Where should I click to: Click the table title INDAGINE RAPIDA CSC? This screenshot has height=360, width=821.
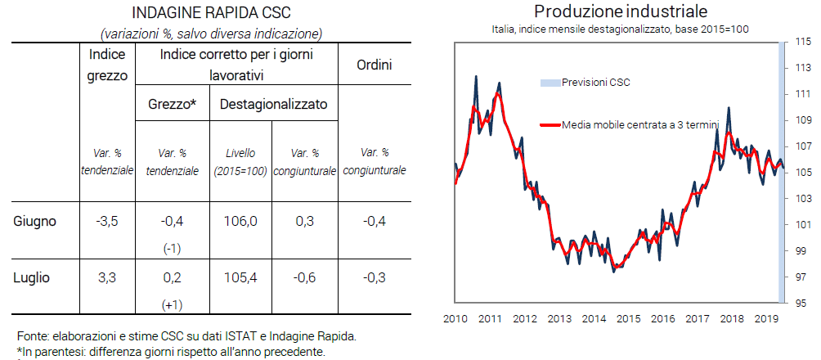pos(210,14)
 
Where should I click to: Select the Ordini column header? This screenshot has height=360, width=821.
pos(374,64)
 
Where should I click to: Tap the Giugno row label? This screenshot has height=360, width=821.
pos(36,221)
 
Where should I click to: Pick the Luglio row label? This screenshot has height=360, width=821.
pos(32,278)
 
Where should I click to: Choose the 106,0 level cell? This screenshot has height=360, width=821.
pos(240,221)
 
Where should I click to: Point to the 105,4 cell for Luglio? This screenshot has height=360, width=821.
pos(240,278)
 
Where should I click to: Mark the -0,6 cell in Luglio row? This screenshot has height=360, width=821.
pos(304,278)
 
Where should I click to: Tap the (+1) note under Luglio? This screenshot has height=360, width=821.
pos(173,305)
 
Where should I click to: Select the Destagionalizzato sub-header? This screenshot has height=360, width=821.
pos(273,105)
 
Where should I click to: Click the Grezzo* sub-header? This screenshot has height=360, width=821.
pos(173,105)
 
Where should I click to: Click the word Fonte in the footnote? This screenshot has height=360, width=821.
pos(31,336)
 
